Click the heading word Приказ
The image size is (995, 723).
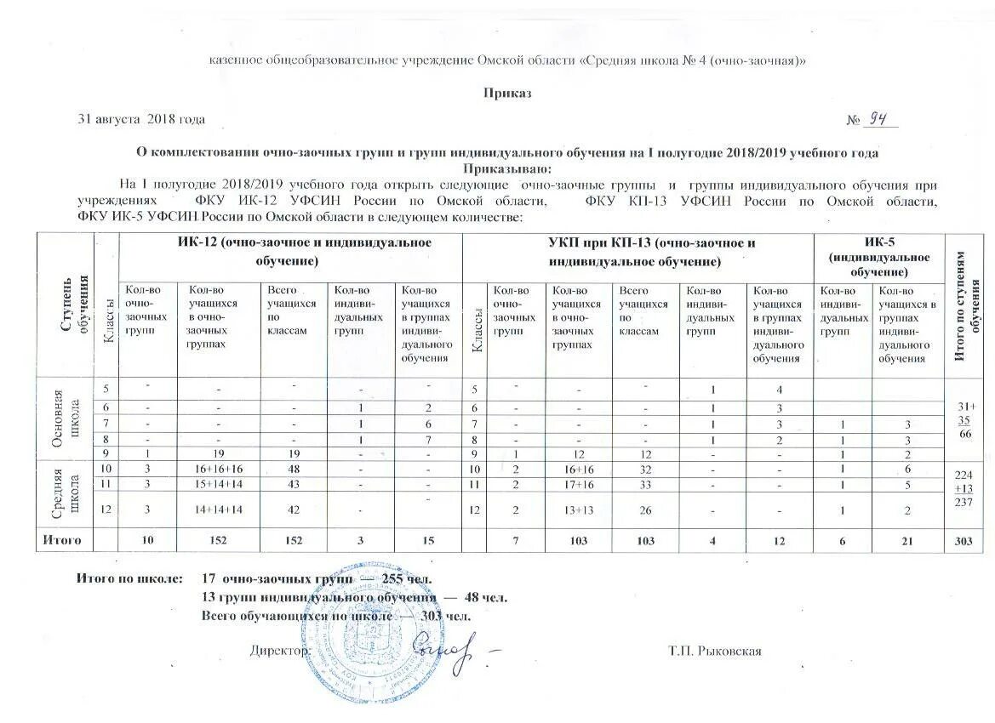click(x=507, y=93)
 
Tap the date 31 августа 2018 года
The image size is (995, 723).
click(x=140, y=120)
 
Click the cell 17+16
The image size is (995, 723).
click(x=578, y=484)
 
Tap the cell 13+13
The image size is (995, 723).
click(x=578, y=510)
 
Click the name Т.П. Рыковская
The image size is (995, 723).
click(x=714, y=652)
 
